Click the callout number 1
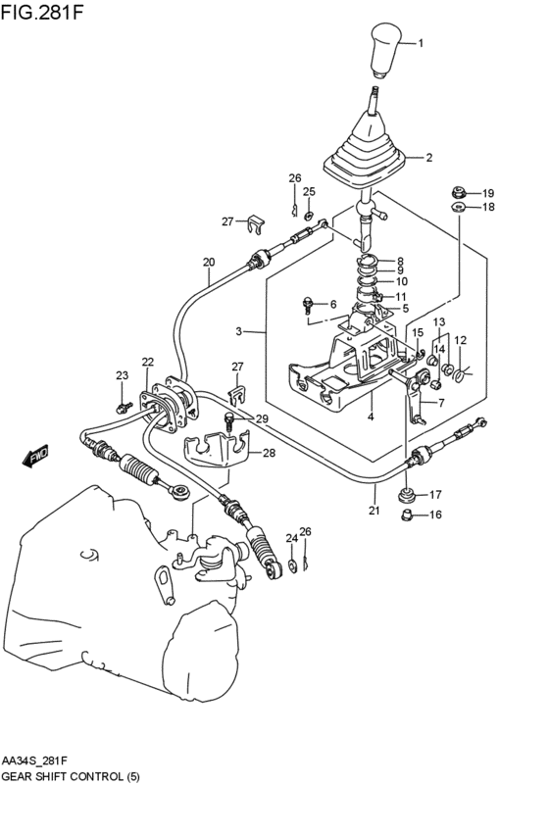pyautogui.click(x=422, y=43)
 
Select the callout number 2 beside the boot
pyautogui.click(x=428, y=157)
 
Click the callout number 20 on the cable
pyautogui.click(x=208, y=262)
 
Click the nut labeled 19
pyautogui.click(x=457, y=192)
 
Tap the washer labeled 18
pyautogui.click(x=458, y=208)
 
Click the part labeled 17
pyautogui.click(x=408, y=494)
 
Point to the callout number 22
pyautogui.click(x=147, y=362)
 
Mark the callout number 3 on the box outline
pyautogui.click(x=238, y=332)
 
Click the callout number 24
pyautogui.click(x=291, y=537)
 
